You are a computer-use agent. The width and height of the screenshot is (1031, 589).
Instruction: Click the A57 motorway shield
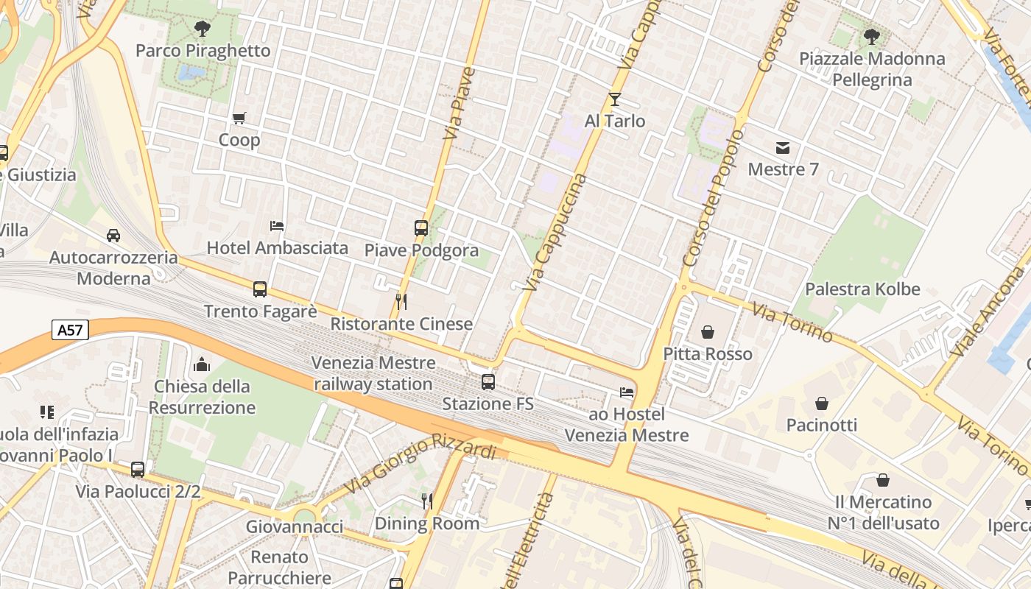(x=71, y=331)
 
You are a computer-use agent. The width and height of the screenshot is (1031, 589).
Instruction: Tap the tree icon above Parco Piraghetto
(x=202, y=29)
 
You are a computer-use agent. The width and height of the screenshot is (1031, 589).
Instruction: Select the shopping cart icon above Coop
(x=239, y=118)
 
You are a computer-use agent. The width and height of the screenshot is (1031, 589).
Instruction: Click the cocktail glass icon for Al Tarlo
(x=615, y=99)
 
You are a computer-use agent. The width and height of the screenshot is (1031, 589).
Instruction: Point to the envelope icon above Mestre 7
(x=782, y=148)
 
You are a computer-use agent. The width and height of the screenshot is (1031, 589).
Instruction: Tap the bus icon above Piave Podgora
(x=421, y=228)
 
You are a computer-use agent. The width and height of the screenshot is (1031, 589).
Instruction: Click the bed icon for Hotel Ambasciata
(x=277, y=226)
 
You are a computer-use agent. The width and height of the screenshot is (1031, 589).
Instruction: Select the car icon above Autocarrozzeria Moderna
(x=113, y=236)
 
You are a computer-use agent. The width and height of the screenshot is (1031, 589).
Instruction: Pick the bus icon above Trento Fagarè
(x=260, y=289)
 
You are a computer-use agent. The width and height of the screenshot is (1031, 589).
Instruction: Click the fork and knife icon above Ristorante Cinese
(x=401, y=301)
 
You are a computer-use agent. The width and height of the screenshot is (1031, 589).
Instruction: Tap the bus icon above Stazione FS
(x=488, y=381)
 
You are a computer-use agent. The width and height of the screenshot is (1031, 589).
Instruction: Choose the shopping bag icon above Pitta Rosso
(x=708, y=332)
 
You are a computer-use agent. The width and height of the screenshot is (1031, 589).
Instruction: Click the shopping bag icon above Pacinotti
(x=822, y=403)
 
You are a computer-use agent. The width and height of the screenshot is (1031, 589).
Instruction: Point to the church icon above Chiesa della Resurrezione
(x=202, y=364)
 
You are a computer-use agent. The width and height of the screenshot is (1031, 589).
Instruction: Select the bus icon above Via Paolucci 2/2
(x=138, y=469)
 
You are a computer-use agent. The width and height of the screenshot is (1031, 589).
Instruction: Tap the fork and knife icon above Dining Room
(x=426, y=501)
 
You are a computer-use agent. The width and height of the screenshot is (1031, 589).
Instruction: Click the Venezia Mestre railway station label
(x=373, y=373)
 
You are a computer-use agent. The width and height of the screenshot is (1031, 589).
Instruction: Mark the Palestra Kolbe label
(x=862, y=289)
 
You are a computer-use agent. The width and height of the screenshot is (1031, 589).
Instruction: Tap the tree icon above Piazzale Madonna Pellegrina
(x=871, y=36)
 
